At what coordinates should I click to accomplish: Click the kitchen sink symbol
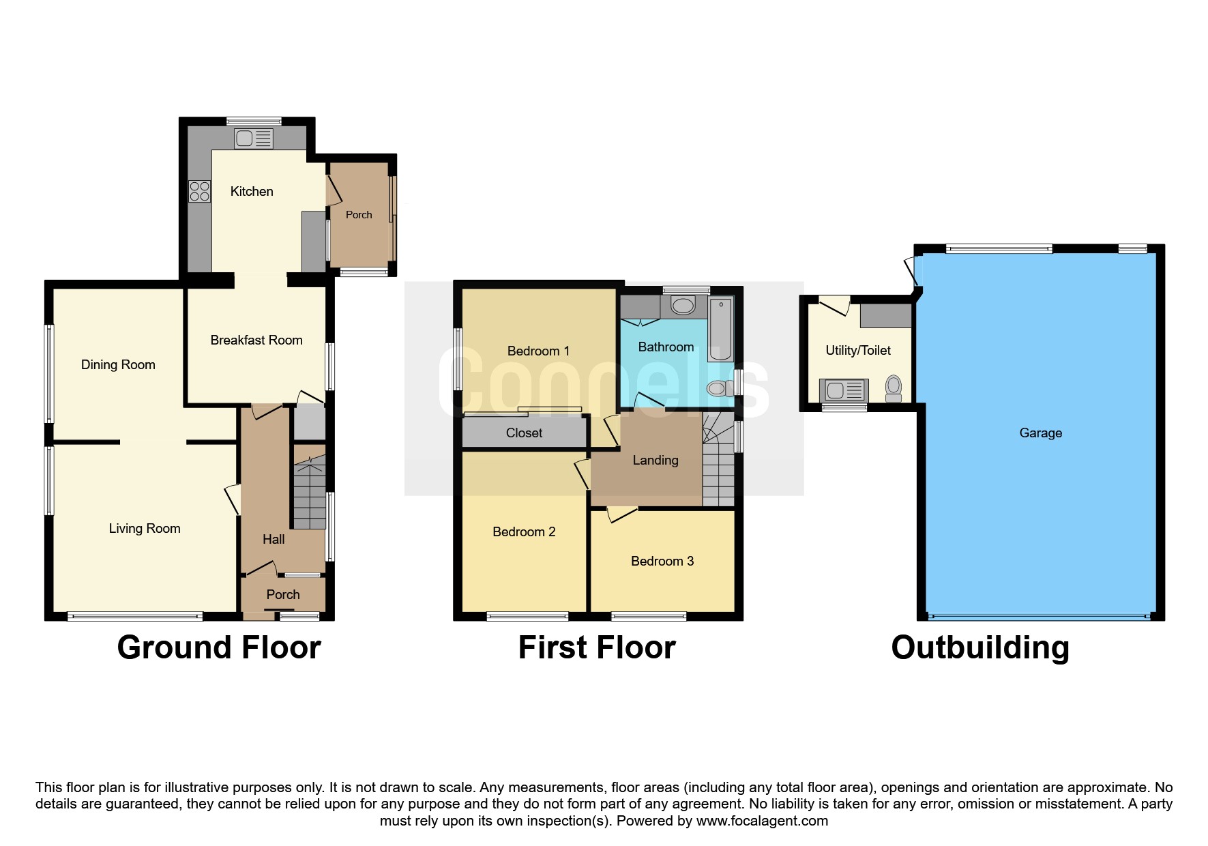tap(254, 139)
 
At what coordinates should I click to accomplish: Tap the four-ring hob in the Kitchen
tap(200, 192)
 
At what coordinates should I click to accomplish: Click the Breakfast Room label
tap(256, 340)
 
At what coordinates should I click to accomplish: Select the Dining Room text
tap(118, 364)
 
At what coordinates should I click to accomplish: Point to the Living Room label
tap(145, 528)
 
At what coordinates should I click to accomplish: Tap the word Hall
tap(274, 539)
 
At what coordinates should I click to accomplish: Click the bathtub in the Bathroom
tap(720, 329)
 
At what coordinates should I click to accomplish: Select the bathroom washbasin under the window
tap(683, 305)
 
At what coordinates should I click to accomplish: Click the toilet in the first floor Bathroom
tap(718, 389)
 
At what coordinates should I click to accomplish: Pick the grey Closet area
tap(524, 433)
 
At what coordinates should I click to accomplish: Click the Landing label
tap(655, 460)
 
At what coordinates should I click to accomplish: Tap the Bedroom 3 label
tap(662, 561)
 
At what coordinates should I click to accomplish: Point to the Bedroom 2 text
tap(524, 531)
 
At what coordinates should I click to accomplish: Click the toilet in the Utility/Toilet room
tap(894, 388)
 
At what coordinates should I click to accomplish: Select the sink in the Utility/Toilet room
tap(844, 390)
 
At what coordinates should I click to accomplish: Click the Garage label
tap(1040, 433)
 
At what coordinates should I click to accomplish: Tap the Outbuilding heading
tap(979, 647)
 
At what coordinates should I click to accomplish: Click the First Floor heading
tap(596, 647)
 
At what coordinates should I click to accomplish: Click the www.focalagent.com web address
tap(762, 821)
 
